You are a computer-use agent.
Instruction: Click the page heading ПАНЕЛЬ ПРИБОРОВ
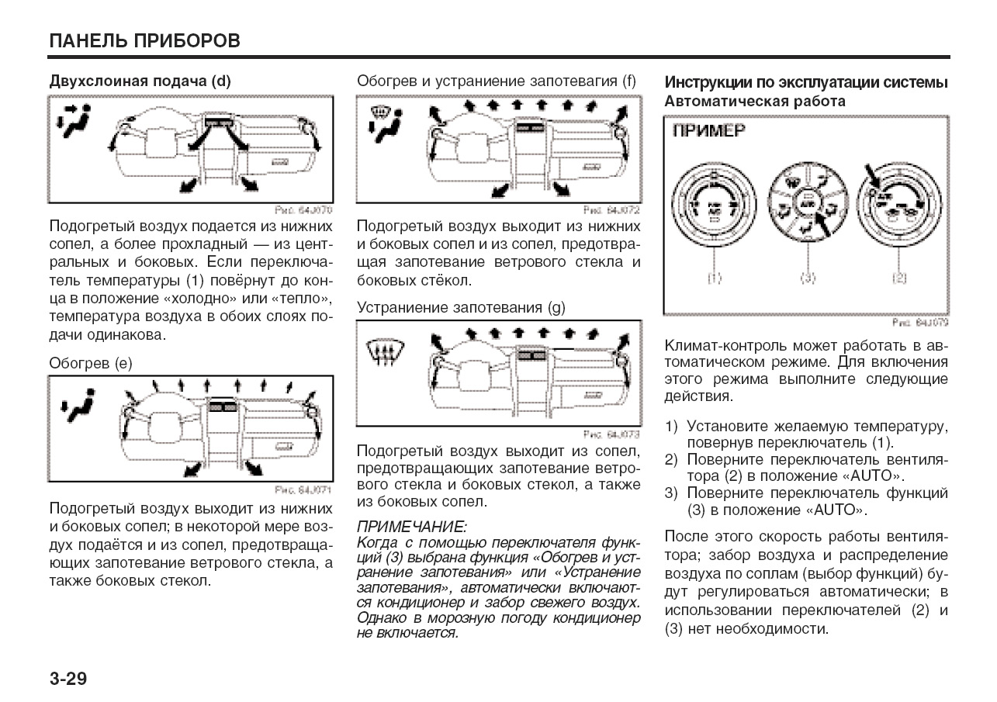144,40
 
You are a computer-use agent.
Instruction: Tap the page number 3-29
68,680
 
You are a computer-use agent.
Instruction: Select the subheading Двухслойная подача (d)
140,81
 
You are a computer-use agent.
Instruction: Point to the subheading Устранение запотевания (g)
461,307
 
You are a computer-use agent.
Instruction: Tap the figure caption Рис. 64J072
612,210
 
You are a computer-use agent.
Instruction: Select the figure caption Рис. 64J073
612,434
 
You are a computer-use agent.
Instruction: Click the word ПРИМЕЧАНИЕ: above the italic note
412,527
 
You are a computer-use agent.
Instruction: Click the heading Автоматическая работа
755,101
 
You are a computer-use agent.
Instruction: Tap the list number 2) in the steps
672,459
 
